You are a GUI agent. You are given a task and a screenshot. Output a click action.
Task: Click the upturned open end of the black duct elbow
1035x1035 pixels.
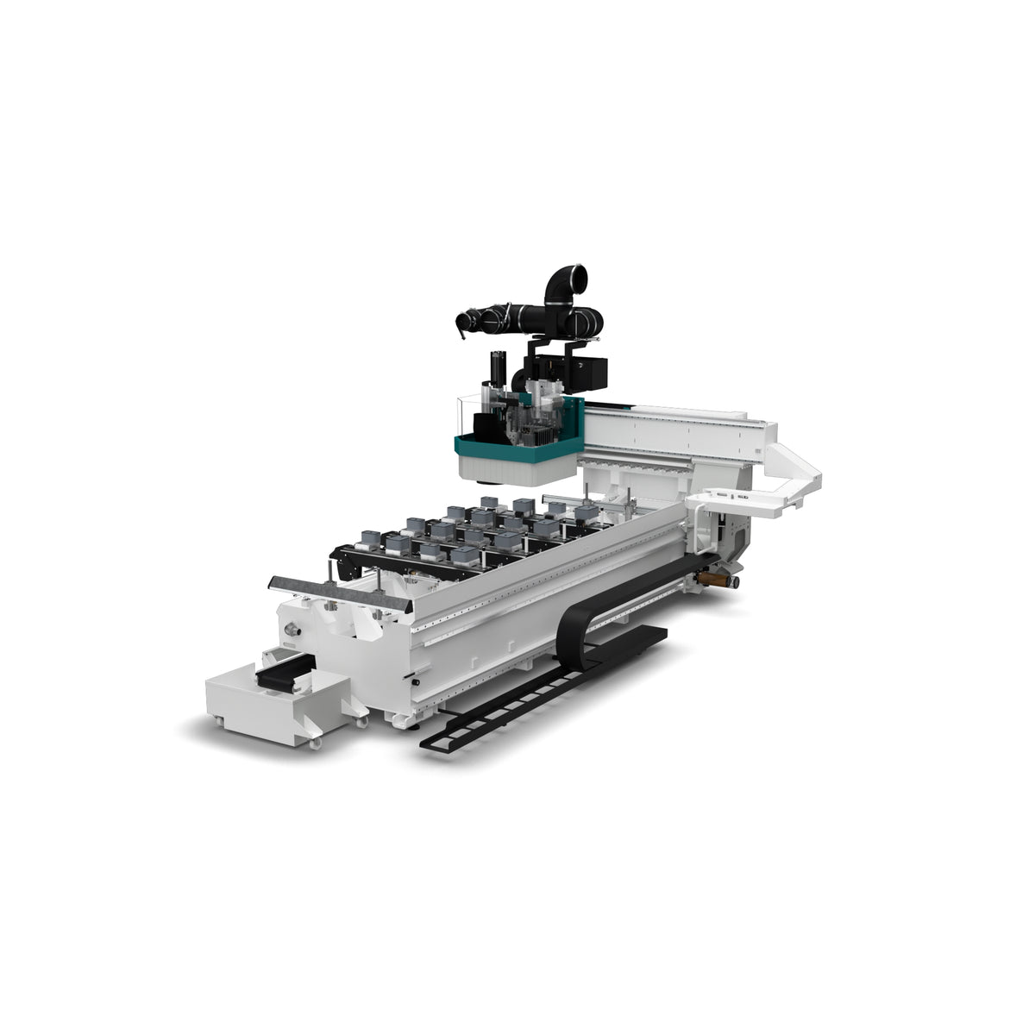(x=573, y=278)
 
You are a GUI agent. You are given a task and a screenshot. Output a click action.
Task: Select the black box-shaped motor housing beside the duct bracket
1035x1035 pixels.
(x=594, y=372)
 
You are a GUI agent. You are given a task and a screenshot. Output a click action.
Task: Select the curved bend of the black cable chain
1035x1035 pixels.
(x=566, y=630)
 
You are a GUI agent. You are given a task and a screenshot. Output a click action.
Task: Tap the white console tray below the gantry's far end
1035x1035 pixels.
(x=733, y=500)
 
